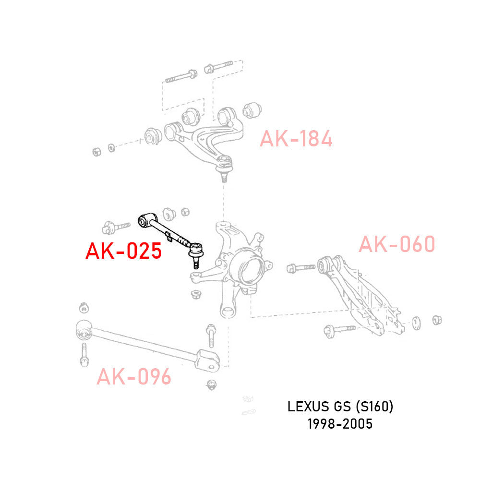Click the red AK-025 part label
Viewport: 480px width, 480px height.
pos(123,251)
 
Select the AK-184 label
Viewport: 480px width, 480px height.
pos(296,139)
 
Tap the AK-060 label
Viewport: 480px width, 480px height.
pos(396,244)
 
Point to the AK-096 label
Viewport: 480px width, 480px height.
pos(133,377)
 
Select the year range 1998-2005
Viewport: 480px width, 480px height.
pos(341,424)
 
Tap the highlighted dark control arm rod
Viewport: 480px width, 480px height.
pos(168,230)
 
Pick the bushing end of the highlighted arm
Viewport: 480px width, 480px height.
pos(144,220)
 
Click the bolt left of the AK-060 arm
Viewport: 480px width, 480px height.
pos(300,266)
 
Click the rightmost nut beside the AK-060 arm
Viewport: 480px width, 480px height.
pos(437,320)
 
